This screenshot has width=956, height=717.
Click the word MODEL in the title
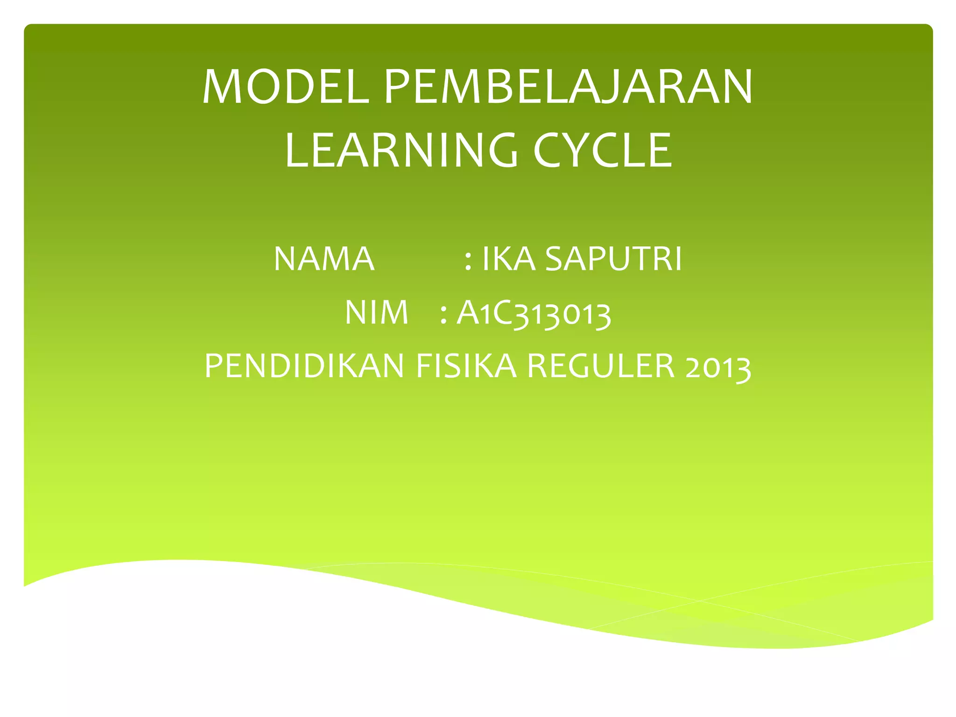[285, 87]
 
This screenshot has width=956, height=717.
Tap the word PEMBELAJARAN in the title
[568, 87]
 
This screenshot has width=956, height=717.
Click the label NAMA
[324, 259]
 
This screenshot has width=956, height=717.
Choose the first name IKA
[508, 259]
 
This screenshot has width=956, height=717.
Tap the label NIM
[376, 312]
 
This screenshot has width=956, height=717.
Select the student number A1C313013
[534, 313]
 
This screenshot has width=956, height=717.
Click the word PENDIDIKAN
[304, 366]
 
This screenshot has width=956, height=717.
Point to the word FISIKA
[466, 366]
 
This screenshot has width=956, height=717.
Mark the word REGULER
[601, 366]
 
